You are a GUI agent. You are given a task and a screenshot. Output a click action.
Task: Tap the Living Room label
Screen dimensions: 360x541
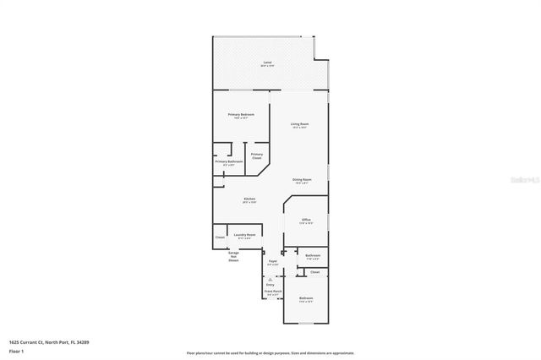click(x=300, y=125)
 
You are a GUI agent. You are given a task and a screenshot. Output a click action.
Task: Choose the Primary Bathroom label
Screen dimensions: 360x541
click(x=229, y=162)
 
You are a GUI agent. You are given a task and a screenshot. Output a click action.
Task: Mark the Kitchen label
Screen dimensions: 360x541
click(x=249, y=200)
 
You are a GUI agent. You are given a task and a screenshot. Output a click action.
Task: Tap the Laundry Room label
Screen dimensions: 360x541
click(x=244, y=236)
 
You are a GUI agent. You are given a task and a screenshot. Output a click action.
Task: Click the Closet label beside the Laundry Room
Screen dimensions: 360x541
click(x=219, y=237)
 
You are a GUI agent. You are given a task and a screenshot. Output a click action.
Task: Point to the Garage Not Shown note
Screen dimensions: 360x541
click(x=232, y=256)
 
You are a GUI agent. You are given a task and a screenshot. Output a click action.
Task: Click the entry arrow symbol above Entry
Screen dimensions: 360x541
click(x=270, y=278)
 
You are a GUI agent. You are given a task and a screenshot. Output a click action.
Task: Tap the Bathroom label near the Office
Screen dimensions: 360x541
click(x=312, y=256)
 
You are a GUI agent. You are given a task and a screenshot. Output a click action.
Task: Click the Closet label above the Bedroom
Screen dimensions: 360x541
click(x=314, y=272)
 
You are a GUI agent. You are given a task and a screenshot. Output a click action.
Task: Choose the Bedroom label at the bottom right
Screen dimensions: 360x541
click(x=306, y=299)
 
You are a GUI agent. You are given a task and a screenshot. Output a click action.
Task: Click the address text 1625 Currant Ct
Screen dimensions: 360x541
click(x=38, y=341)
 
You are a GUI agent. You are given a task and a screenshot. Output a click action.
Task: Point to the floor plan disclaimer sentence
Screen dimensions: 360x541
click(x=270, y=352)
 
